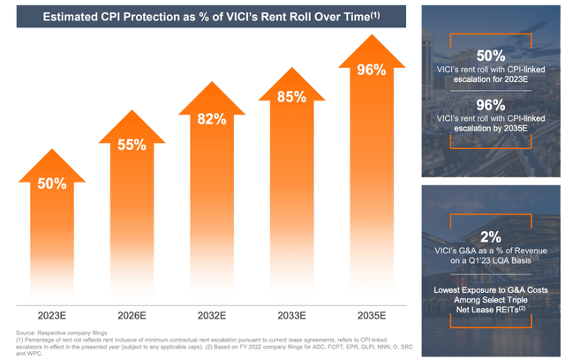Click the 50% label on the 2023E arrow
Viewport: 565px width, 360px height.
52,184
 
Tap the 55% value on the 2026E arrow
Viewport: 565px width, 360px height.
132,145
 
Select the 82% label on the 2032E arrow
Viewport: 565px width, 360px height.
212,119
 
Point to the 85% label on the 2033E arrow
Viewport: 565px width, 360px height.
292,97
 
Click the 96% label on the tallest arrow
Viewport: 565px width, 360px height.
372,70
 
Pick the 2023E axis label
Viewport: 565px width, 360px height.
52,316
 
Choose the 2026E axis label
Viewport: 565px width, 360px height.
132,316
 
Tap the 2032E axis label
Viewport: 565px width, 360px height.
212,316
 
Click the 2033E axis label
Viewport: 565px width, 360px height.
292,316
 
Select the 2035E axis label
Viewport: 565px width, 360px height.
372,316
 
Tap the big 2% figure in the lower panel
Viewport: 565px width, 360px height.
491,236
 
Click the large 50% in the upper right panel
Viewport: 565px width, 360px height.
491,56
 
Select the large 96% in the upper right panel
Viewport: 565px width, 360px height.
491,105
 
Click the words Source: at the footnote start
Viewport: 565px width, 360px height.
26,333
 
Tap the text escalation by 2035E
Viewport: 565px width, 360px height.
491,129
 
